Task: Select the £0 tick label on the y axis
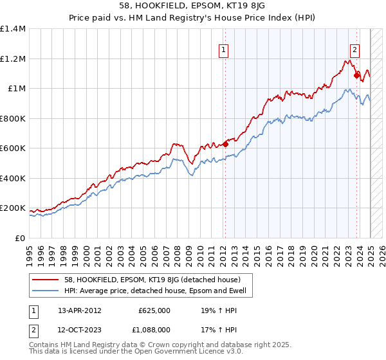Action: click(x=19, y=238)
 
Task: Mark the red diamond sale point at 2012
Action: click(x=225, y=143)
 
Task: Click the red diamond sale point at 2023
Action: click(x=356, y=75)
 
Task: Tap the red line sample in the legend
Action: click(x=46, y=280)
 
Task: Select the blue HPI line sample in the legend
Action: click(x=46, y=291)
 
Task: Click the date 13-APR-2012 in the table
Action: click(x=80, y=310)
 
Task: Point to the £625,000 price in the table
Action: click(x=154, y=310)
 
